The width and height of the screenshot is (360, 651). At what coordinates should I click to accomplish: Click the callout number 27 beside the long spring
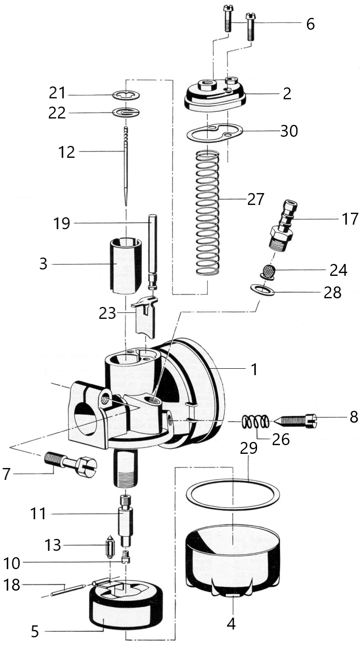(256, 199)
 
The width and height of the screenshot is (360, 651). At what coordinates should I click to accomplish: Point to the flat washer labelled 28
(262, 290)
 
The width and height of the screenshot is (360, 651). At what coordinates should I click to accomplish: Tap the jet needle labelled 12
(126, 166)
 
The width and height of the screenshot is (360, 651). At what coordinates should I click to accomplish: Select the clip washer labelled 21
(126, 95)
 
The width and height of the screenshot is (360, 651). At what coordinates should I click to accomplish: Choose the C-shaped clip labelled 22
(126, 112)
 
